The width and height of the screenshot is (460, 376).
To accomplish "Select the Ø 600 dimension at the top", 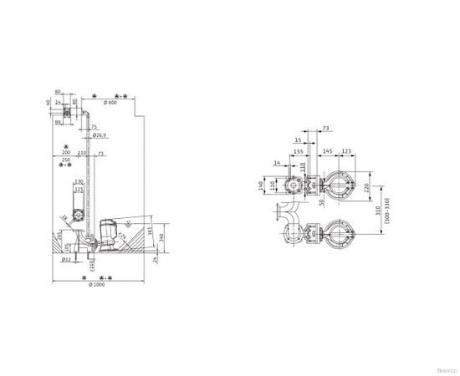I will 110,102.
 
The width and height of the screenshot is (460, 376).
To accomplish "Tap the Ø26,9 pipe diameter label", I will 99,135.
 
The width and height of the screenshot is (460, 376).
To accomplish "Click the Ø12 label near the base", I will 66,260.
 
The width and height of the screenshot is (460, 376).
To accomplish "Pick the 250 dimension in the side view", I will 66,160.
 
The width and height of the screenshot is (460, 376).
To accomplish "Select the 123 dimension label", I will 347,151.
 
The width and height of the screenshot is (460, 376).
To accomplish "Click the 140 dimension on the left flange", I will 261,185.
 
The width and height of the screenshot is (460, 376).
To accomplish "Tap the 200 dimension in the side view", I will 66,154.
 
